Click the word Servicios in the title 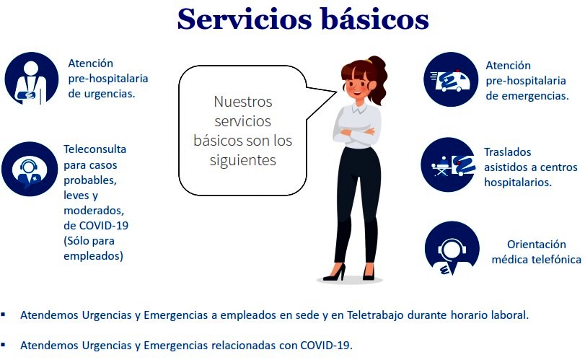(245, 19)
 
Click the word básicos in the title (375, 19)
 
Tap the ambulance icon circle (451, 79)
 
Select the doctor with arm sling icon (31, 79)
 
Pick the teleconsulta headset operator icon (30, 169)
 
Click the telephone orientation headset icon (452, 248)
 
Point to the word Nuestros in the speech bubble (243, 102)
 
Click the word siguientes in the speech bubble (243, 160)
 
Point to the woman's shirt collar (359, 108)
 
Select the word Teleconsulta (94, 149)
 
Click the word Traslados (507, 152)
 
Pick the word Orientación (536, 245)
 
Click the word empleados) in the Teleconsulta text (93, 256)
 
